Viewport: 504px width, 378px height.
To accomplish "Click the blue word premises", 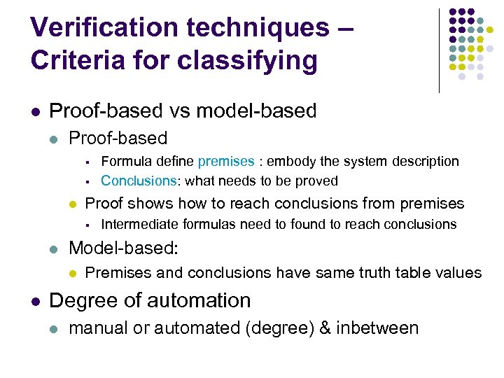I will click(226, 162).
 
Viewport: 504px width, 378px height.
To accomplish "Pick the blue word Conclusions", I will click(139, 181).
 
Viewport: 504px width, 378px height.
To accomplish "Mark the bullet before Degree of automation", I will click(35, 301).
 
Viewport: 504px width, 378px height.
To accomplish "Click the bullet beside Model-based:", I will click(55, 249).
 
